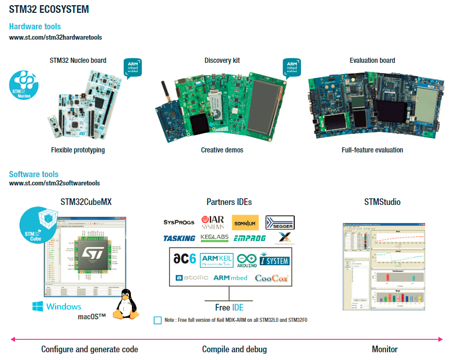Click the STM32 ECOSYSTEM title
pos(49,9)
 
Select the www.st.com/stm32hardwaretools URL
pos(56,38)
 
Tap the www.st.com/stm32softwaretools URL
pos(55,183)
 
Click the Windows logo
pos(57,307)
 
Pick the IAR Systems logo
pos(213,222)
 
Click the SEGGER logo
pos(280,222)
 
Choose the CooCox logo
pos(272,278)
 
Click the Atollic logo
pos(192,278)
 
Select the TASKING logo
pos(179,238)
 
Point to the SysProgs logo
pos(179,222)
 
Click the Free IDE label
pos(229,307)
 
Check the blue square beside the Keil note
pos(158,320)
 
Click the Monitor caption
pos(384,349)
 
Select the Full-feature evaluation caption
pos(372,150)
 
